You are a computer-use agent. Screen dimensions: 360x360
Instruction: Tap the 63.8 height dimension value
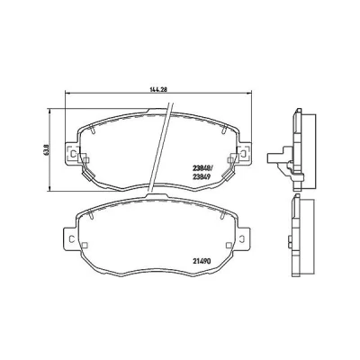click(46, 149)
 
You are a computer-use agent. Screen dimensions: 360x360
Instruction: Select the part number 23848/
click(202, 168)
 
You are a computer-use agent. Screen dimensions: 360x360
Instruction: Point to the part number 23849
click(201, 177)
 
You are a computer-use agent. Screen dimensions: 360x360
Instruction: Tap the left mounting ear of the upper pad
click(72, 153)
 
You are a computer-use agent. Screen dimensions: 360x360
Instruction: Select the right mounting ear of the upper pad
click(245, 153)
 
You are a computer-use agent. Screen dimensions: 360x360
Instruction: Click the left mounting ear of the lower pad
click(70, 238)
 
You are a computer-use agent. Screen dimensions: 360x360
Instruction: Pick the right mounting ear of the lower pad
click(243, 238)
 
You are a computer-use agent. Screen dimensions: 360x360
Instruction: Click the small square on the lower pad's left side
click(85, 245)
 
